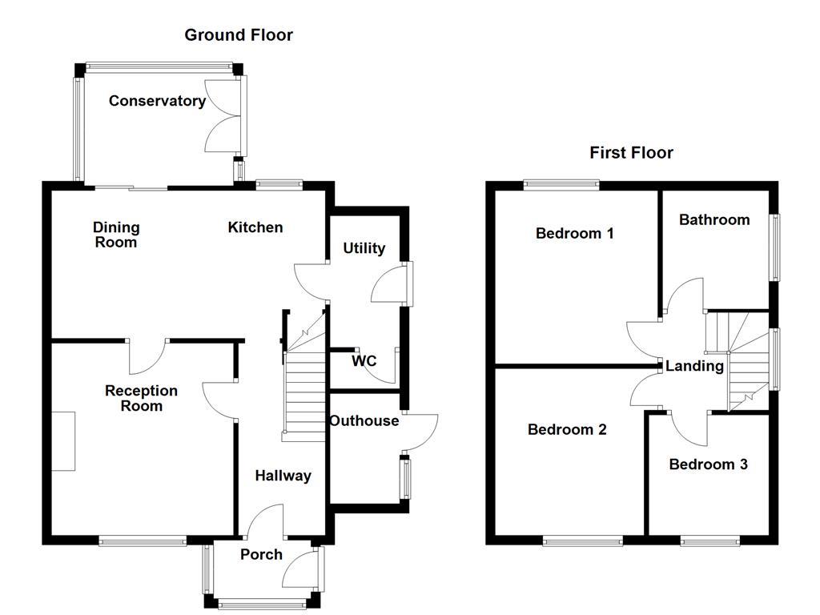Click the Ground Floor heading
(239, 35)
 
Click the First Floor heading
(631, 152)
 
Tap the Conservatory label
(157, 101)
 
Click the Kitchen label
(255, 227)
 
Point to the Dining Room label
(116, 235)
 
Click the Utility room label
(364, 248)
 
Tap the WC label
(364, 361)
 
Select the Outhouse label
(364, 421)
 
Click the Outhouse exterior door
(421, 432)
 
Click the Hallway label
(283, 476)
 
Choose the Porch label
(261, 554)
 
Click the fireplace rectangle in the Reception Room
(64, 441)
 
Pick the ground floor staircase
(304, 384)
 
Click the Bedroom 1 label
(574, 234)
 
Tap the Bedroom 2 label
(567, 430)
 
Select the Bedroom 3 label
(708, 464)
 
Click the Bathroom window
(774, 247)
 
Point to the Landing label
(694, 366)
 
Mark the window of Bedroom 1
(561, 184)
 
